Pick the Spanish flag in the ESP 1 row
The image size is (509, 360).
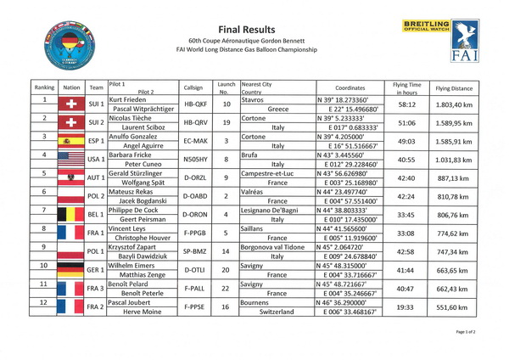click(x=70, y=141)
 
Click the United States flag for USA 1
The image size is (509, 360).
click(x=70, y=159)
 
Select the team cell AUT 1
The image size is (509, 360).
click(x=96, y=177)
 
